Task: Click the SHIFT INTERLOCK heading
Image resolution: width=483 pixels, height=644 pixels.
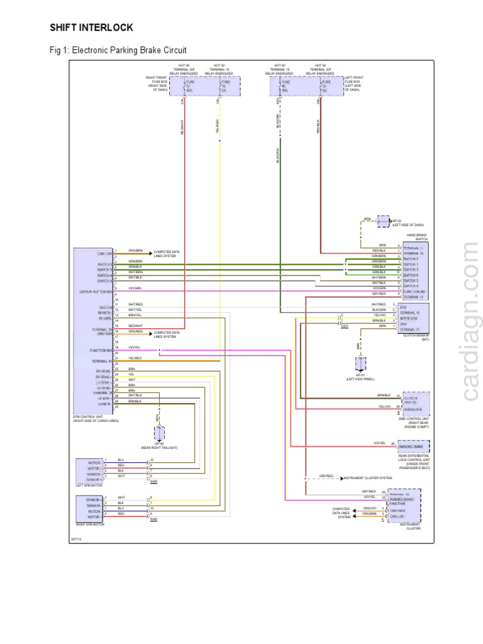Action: coord(91,28)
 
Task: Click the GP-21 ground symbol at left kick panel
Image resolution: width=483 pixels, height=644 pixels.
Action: coord(360,364)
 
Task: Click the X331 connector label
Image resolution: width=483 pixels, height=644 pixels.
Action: coord(344,326)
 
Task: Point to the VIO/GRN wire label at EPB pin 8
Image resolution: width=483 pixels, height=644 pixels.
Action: coord(135,287)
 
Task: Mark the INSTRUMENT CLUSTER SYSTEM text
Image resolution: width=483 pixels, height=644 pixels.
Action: coord(368,478)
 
